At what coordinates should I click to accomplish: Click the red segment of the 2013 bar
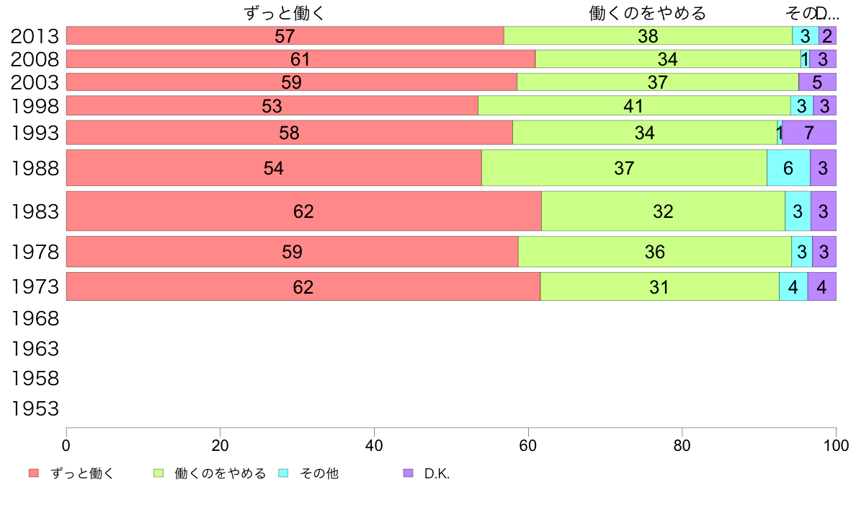(x=285, y=36)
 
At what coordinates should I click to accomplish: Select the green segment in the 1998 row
(x=634, y=106)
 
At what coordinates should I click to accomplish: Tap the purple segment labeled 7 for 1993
(x=809, y=133)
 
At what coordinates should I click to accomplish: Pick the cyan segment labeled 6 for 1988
(x=788, y=168)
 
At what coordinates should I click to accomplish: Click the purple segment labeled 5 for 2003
(x=817, y=82)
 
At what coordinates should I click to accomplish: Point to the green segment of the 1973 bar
(x=659, y=286)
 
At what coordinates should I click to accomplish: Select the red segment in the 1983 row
(x=303, y=211)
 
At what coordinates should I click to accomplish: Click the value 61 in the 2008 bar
(x=300, y=59)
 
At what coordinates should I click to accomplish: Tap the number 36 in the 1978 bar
(x=655, y=252)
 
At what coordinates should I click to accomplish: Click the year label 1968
(x=35, y=318)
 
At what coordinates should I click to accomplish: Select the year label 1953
(x=35, y=409)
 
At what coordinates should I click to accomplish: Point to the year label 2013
(x=35, y=36)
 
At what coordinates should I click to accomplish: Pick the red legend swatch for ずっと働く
(x=34, y=473)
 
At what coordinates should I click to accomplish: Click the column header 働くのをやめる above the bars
(x=647, y=13)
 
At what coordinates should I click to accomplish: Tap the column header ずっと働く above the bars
(x=285, y=13)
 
